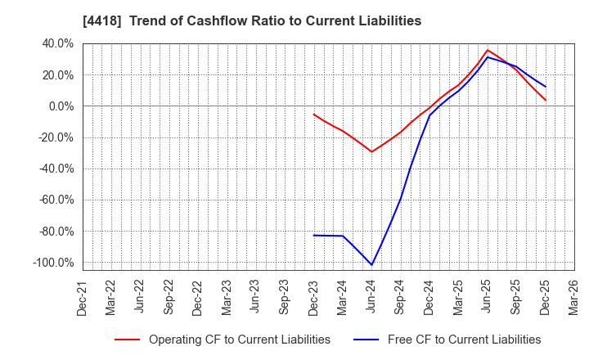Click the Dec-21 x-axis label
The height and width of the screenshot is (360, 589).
83,297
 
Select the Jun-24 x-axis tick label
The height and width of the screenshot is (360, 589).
371,297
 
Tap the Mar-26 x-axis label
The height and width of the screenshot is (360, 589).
573,297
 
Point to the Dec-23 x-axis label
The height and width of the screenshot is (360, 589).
313,297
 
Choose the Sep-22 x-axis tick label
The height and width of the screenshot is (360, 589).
169,297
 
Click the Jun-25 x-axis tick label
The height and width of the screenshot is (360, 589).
487,297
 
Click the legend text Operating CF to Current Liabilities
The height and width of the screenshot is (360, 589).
239,340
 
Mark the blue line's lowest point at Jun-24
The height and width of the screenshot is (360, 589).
371,265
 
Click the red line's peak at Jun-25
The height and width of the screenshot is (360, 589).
488,50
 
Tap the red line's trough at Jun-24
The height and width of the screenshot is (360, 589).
371,151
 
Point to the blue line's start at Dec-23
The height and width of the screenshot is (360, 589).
313,236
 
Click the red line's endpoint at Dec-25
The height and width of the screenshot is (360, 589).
546,101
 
